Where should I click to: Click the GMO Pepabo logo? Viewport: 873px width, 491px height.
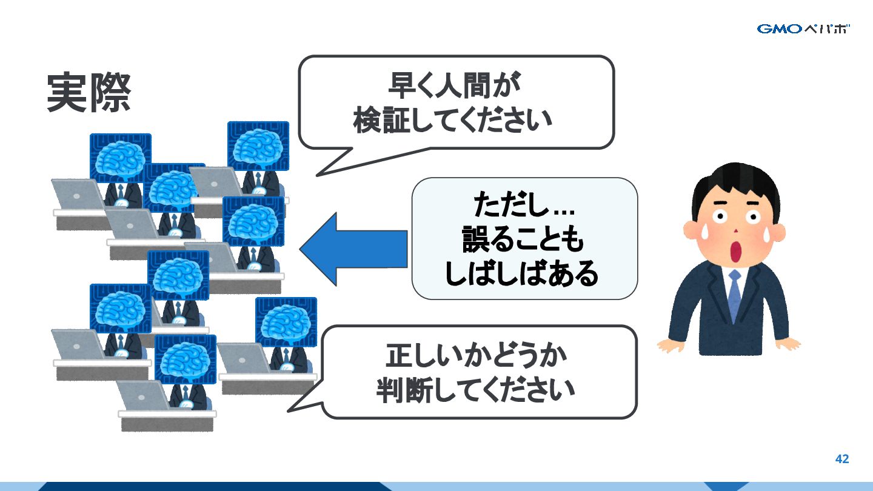pos(803,28)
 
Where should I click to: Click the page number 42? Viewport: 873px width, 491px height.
pos(842,459)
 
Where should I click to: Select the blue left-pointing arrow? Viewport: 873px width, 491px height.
pos(352,249)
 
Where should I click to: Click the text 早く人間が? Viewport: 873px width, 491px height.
pos(455,87)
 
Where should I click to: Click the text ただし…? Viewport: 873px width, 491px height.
pos(524,206)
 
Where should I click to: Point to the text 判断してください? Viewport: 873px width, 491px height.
pos(475,390)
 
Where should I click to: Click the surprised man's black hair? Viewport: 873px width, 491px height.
pos(734,182)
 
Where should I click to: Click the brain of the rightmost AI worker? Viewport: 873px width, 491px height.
pos(286,321)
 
